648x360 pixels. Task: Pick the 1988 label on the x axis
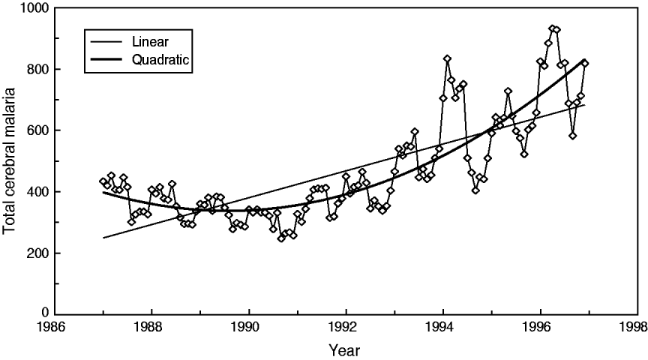click(151, 328)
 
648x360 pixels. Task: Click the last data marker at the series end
click(585, 64)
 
